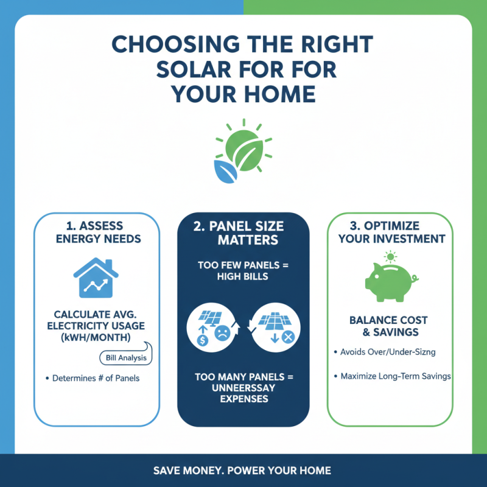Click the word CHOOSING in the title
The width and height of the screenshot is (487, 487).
pyautogui.click(x=166, y=46)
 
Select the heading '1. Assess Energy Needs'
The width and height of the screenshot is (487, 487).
pyautogui.click(x=97, y=233)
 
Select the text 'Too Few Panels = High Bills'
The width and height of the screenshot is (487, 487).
pyautogui.click(x=243, y=271)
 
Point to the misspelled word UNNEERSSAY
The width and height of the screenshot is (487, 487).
pyautogui.click(x=243, y=388)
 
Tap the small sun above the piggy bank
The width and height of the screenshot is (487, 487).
pyautogui.click(x=390, y=256)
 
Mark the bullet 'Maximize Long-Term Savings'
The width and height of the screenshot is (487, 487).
pyautogui.click(x=395, y=376)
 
